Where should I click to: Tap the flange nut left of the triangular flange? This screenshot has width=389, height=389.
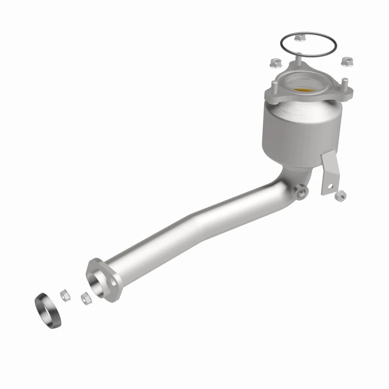tap(273, 62)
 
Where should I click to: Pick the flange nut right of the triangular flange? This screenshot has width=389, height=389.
tap(347, 62)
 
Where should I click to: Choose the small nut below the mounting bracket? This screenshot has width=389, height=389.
tap(340, 195)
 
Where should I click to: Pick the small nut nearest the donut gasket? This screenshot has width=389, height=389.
tap(63, 294)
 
